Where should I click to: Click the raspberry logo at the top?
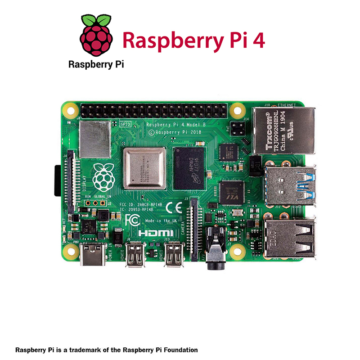(95, 36)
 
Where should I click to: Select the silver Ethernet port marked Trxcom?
(283, 130)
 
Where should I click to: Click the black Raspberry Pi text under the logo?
(96, 64)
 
